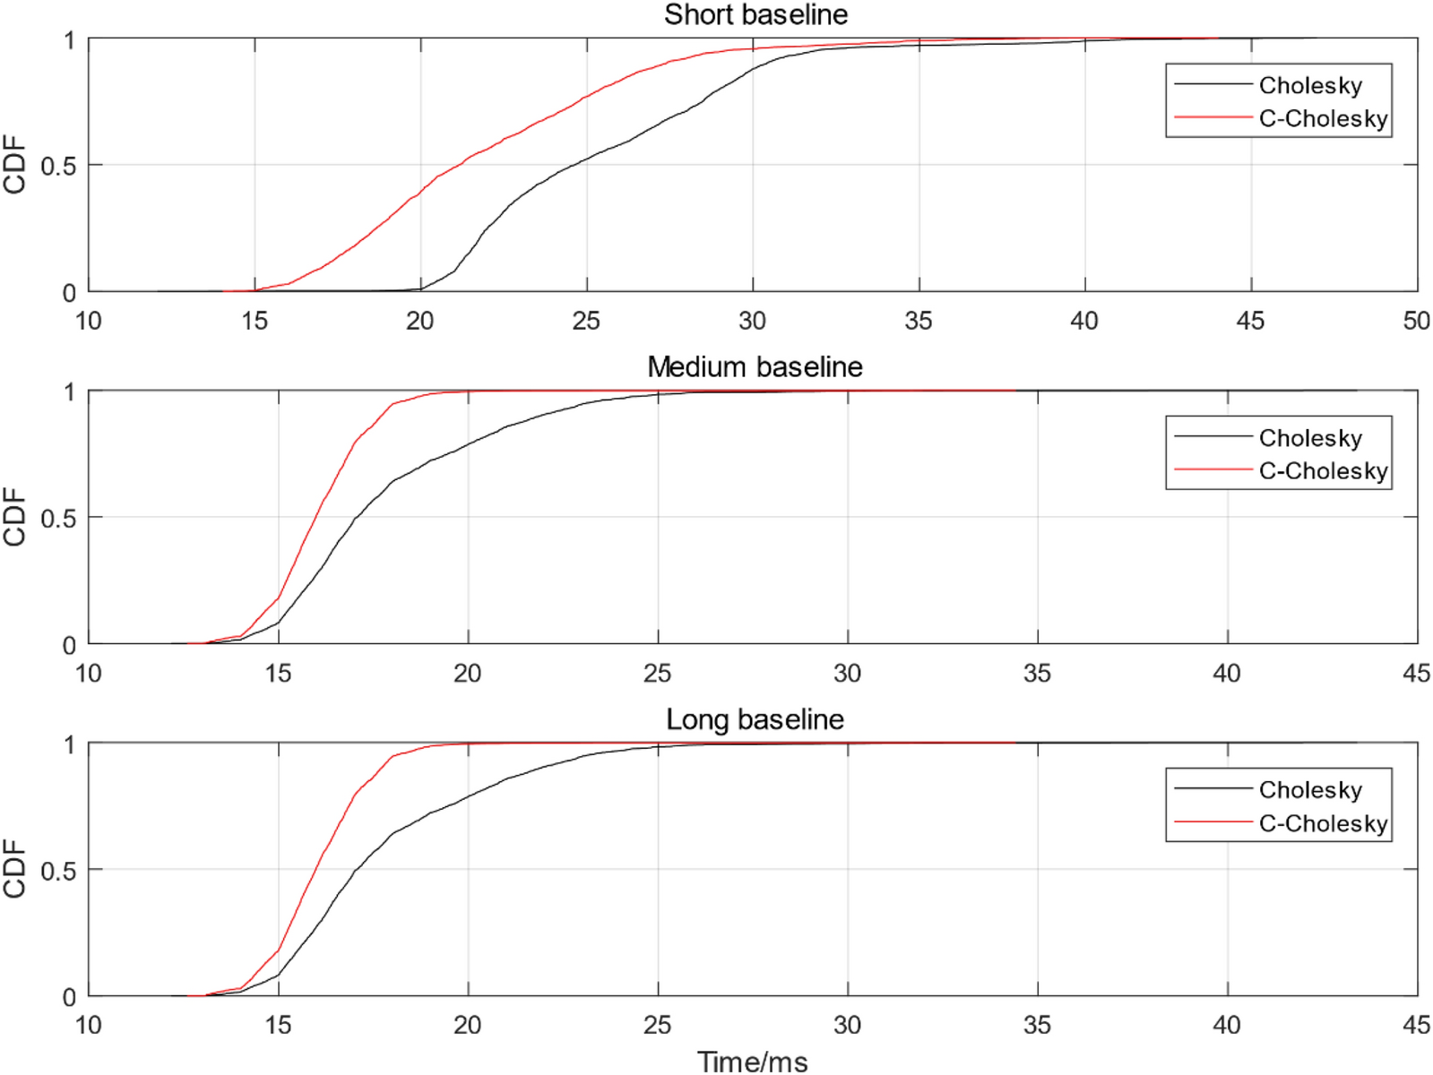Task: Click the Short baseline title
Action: (x=755, y=14)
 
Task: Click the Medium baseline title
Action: (x=755, y=366)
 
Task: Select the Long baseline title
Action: (x=755, y=719)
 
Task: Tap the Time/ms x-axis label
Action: (x=753, y=1062)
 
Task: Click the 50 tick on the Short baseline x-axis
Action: (x=1416, y=321)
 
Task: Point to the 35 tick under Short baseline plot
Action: (x=919, y=321)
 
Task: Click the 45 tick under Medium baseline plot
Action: (x=1416, y=673)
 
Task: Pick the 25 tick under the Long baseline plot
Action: (x=658, y=1025)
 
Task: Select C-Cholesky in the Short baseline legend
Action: (x=1323, y=118)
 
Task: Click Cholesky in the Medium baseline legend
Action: (x=1310, y=438)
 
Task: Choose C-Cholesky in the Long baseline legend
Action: (x=1323, y=823)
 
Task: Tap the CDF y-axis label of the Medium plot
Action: (x=14, y=517)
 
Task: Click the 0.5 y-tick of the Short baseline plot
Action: (x=58, y=166)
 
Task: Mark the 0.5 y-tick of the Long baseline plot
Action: (x=58, y=871)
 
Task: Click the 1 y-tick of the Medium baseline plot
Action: (x=69, y=392)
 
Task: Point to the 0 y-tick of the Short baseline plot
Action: (x=69, y=293)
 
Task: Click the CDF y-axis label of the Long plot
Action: (x=14, y=869)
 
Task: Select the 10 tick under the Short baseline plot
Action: (x=88, y=321)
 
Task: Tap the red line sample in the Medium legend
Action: (x=1213, y=469)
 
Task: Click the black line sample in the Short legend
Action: (x=1213, y=84)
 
